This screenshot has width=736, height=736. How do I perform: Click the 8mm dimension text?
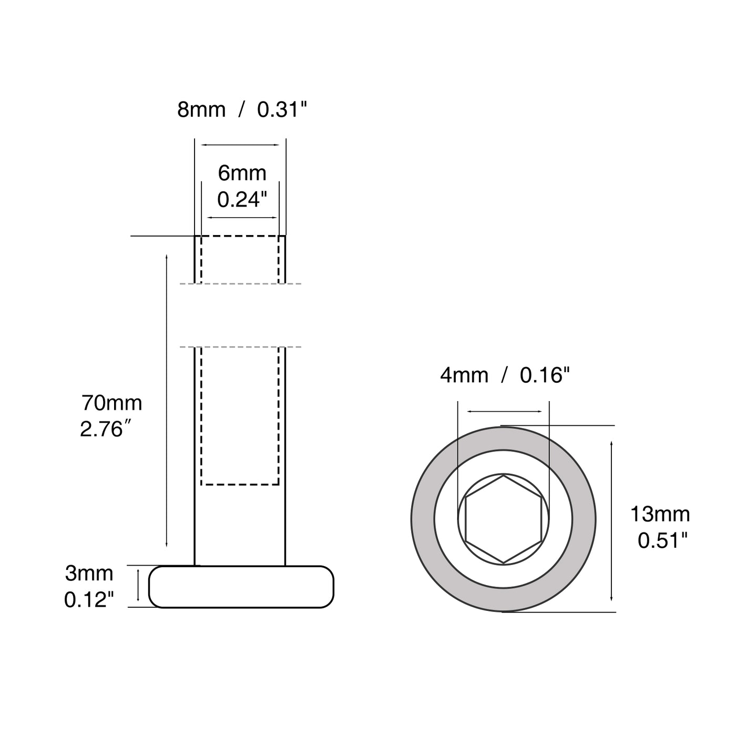pyautogui.click(x=201, y=110)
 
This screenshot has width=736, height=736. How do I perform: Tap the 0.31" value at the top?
pyautogui.click(x=281, y=110)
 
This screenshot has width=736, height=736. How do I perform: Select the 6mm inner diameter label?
pyautogui.click(x=242, y=173)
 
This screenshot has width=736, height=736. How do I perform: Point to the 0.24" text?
pyautogui.click(x=242, y=200)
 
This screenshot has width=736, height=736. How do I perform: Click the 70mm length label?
pyautogui.click(x=111, y=403)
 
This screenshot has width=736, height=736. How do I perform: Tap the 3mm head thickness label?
pyautogui.click(x=89, y=573)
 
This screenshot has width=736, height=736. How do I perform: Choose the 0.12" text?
pyautogui.click(x=89, y=600)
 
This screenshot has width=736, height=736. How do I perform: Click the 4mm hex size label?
pyautogui.click(x=464, y=375)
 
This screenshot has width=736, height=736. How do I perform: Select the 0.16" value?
pyautogui.click(x=545, y=375)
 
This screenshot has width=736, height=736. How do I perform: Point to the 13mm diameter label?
pyautogui.click(x=660, y=514)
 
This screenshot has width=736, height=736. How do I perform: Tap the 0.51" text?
pyautogui.click(x=662, y=540)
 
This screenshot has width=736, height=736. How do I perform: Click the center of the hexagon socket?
pyautogui.click(x=504, y=519)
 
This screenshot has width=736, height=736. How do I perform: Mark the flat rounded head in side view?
pyautogui.click(x=241, y=587)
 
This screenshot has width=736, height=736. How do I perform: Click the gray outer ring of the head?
pyautogui.click(x=423, y=519)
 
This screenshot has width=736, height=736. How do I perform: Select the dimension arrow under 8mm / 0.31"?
pyautogui.click(x=240, y=145)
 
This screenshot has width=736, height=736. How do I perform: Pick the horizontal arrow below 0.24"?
pyautogui.click(x=242, y=217)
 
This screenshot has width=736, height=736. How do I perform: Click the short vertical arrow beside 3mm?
pyautogui.click(x=138, y=587)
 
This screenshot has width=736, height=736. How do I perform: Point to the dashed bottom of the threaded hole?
pyautogui.click(x=240, y=484)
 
